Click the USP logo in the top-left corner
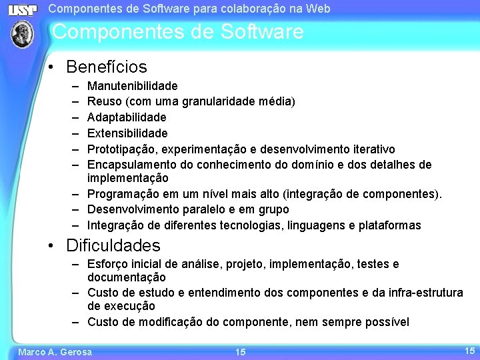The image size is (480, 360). point(23,10)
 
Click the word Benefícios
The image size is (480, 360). point(107,67)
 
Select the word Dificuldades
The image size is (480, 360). point(113,246)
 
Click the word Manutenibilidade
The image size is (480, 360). point(133,86)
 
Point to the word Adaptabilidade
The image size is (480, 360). point(127,117)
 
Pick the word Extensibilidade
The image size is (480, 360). point(127,133)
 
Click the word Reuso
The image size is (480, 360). point(103,101)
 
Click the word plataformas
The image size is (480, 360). point(390,225)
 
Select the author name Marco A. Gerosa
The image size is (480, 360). point(55,352)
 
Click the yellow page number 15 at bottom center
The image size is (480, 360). point(241,352)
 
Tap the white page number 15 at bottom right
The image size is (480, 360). point(469,350)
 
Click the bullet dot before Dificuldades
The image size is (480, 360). point(51,247)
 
